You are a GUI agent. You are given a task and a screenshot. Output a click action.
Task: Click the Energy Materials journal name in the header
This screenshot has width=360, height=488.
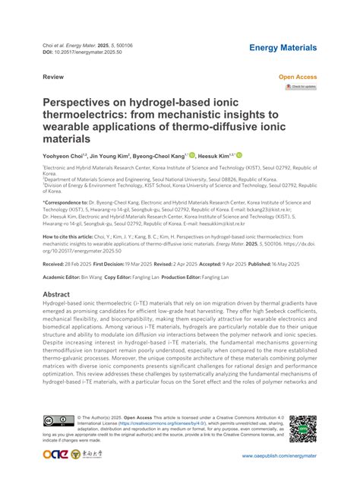tap(283, 48)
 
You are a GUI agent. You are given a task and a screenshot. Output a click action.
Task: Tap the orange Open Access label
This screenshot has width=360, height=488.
tap(298, 78)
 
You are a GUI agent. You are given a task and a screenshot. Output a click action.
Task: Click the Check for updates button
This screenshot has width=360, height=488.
tap(300, 87)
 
